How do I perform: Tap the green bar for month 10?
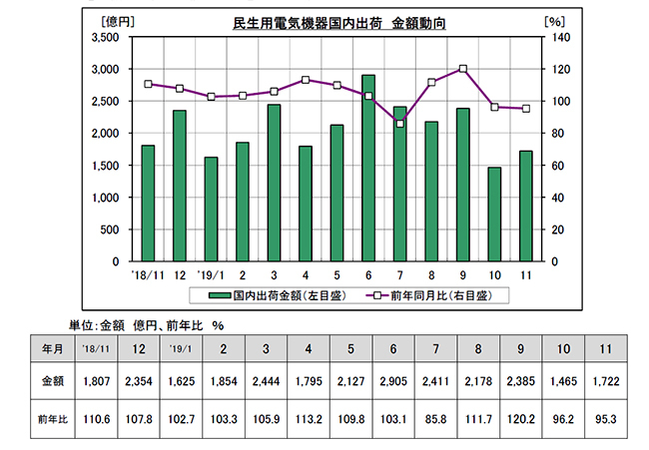(x=493, y=214)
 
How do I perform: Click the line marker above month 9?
(x=463, y=69)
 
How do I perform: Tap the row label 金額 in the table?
(x=52, y=382)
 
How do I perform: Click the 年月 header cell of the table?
(x=52, y=348)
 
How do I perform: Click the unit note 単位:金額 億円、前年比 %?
(x=146, y=324)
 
